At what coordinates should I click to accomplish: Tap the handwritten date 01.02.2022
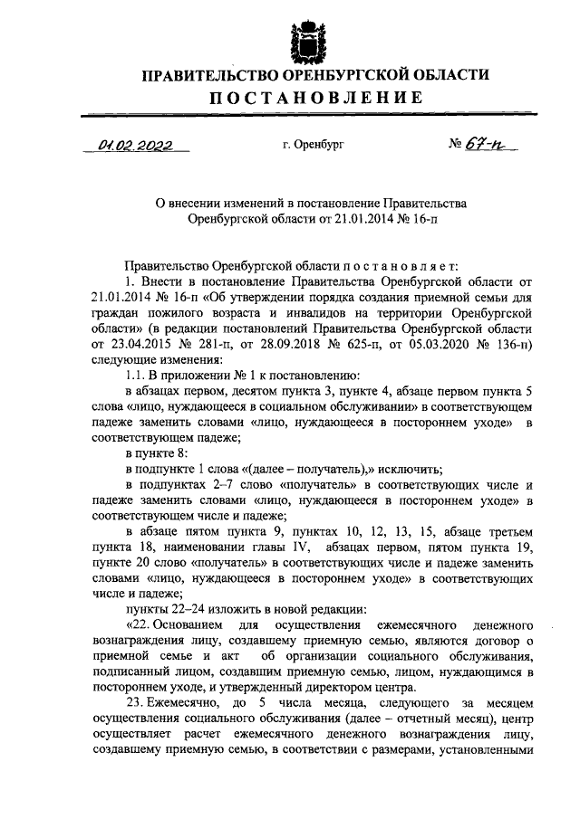coord(135,145)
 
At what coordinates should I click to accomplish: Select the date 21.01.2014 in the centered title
coord(354,218)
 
